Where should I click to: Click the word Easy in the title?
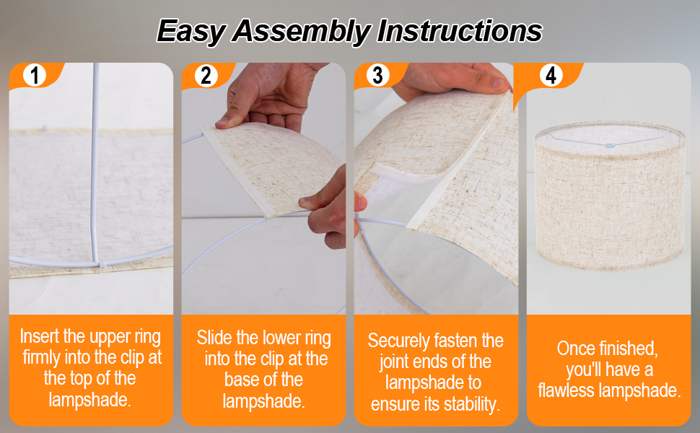pyautogui.click(x=191, y=31)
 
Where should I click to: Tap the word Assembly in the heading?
pyautogui.click(x=302, y=31)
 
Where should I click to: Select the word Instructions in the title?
pyautogui.click(x=460, y=30)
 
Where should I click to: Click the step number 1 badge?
pyautogui.click(x=35, y=74)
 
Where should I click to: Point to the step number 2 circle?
pyautogui.click(x=206, y=75)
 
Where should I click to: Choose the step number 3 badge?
pyautogui.click(x=377, y=75)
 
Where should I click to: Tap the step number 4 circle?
pyautogui.click(x=551, y=75)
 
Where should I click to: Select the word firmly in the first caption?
pyautogui.click(x=42, y=357)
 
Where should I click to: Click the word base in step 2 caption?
pyautogui.click(x=241, y=380)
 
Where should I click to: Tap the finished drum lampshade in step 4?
pyautogui.click(x=610, y=196)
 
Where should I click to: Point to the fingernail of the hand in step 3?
pyautogui.click(x=499, y=84)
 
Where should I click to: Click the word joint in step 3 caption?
pyautogui.click(x=394, y=362)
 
